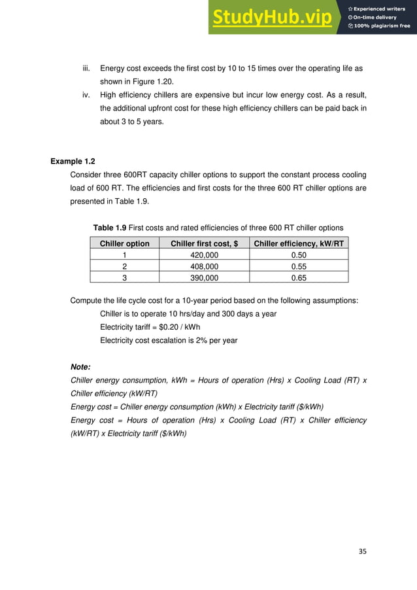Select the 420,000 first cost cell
coord(203,255)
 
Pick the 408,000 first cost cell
coord(203,266)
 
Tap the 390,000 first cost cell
coord(203,277)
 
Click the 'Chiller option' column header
coord(124,244)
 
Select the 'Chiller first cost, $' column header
coord(204,244)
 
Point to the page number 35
coord(363,551)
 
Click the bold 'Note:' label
coord(80,367)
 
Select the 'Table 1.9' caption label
coord(109,227)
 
